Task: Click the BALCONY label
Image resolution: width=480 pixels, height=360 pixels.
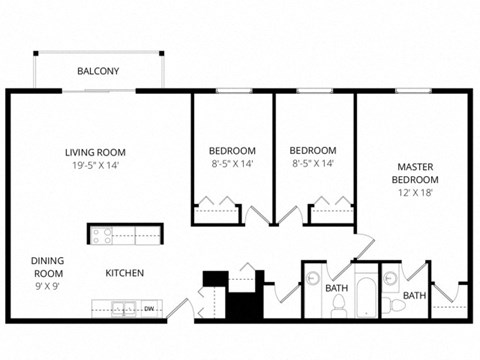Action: tap(98, 71)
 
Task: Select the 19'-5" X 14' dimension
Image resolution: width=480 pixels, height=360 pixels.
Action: tap(95, 166)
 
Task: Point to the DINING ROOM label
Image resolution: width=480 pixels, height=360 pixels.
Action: tap(47, 265)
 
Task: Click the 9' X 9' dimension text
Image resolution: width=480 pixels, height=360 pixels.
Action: tap(47, 286)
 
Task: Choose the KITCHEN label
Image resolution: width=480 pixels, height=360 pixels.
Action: tap(125, 272)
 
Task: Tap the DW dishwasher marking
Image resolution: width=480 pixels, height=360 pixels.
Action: tap(149, 308)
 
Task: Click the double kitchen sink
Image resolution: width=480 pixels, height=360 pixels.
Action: tap(123, 307)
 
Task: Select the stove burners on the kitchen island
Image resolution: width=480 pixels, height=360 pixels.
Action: tap(101, 236)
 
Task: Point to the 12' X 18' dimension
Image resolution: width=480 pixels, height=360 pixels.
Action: tap(413, 192)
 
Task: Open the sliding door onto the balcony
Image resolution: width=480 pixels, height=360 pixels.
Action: tap(100, 91)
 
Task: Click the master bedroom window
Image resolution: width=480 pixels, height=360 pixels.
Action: tap(412, 91)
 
